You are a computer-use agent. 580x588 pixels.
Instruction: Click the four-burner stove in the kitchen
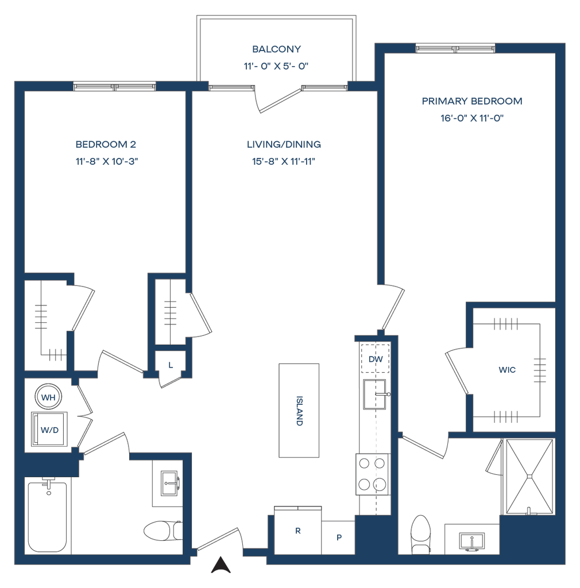(x=373, y=474)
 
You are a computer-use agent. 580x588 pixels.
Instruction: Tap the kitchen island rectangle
(x=299, y=410)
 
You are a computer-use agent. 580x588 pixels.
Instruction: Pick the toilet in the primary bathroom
(x=420, y=533)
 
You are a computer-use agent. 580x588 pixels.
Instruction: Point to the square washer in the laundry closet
(x=50, y=428)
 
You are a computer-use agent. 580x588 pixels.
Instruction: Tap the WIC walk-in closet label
(x=507, y=370)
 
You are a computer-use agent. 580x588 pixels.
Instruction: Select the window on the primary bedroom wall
(x=455, y=49)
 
